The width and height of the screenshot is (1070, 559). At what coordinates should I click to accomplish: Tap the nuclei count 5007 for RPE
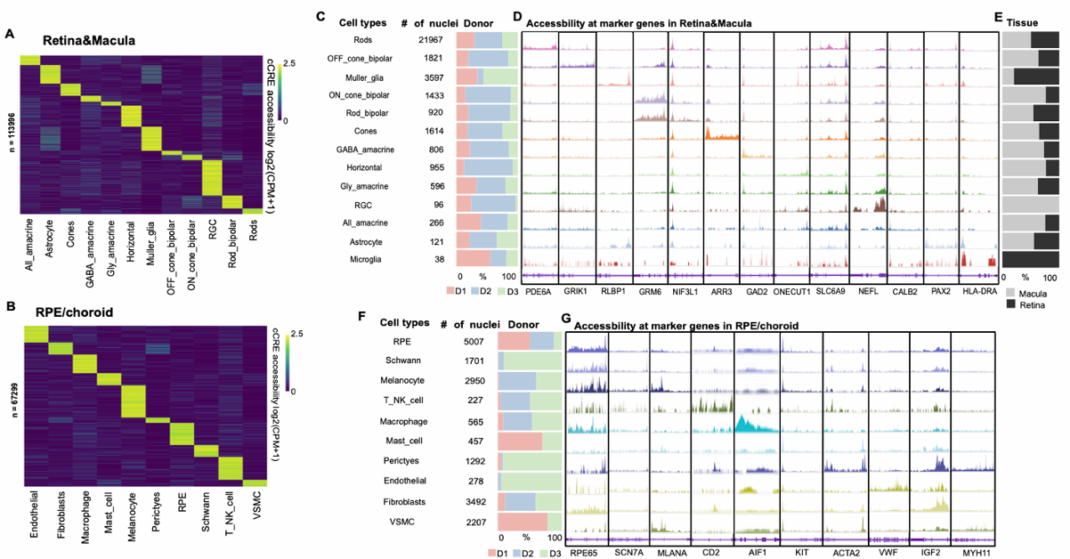465,340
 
